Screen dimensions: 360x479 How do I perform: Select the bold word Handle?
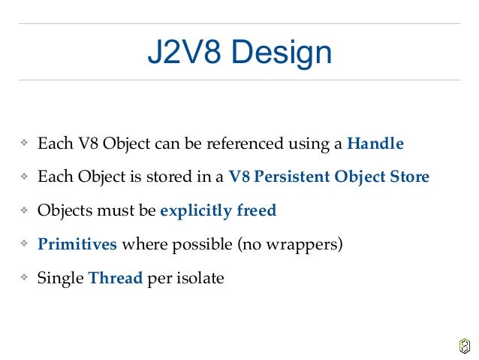click(375, 143)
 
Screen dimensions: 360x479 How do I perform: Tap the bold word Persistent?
click(291, 177)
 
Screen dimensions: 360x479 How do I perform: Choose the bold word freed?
click(258, 210)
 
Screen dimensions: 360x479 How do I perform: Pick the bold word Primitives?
click(77, 244)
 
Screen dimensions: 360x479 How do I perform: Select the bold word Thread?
click(115, 278)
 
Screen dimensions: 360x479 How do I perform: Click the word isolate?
click(199, 278)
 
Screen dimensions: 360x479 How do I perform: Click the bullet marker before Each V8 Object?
click(23, 144)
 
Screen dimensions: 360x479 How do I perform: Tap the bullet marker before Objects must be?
click(23, 211)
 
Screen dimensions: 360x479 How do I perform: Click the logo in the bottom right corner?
click(464, 345)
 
